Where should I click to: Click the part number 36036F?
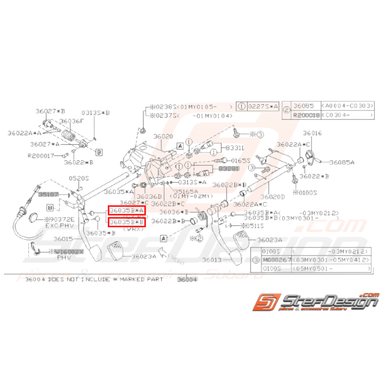(x=71, y=121)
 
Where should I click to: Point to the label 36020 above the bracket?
(x=163, y=136)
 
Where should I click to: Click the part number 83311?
(x=234, y=147)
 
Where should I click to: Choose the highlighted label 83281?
(x=229, y=169)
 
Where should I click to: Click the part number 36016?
(x=312, y=133)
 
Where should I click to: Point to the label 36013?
(x=212, y=260)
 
